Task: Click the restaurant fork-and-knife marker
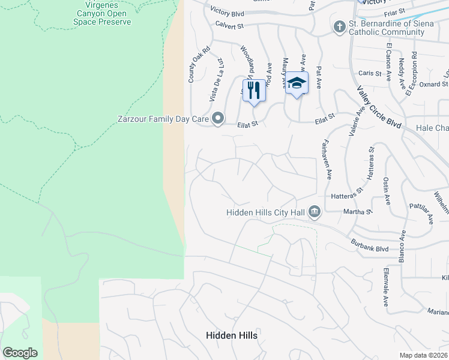(254, 91)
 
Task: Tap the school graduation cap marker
(296, 83)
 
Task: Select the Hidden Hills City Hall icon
(314, 212)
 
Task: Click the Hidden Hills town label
(232, 335)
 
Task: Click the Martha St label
(358, 211)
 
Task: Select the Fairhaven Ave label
(328, 160)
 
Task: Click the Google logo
(20, 353)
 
